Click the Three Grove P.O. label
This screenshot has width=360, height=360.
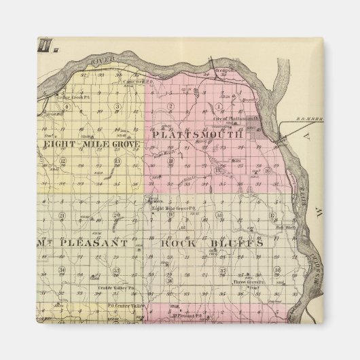coord(247,281)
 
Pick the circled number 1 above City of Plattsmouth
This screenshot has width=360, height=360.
coord(219,107)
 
